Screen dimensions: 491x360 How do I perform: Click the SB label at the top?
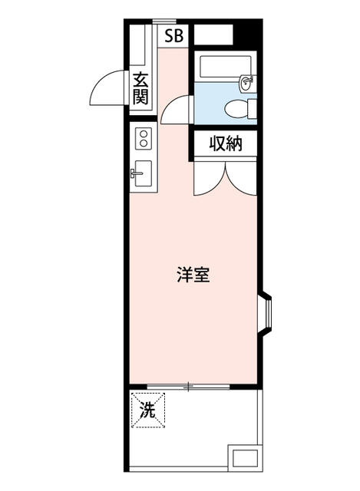tap(173, 35)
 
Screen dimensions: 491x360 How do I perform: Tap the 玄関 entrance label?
tap(140, 87)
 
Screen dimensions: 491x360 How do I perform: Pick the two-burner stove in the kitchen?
tap(143, 139)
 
